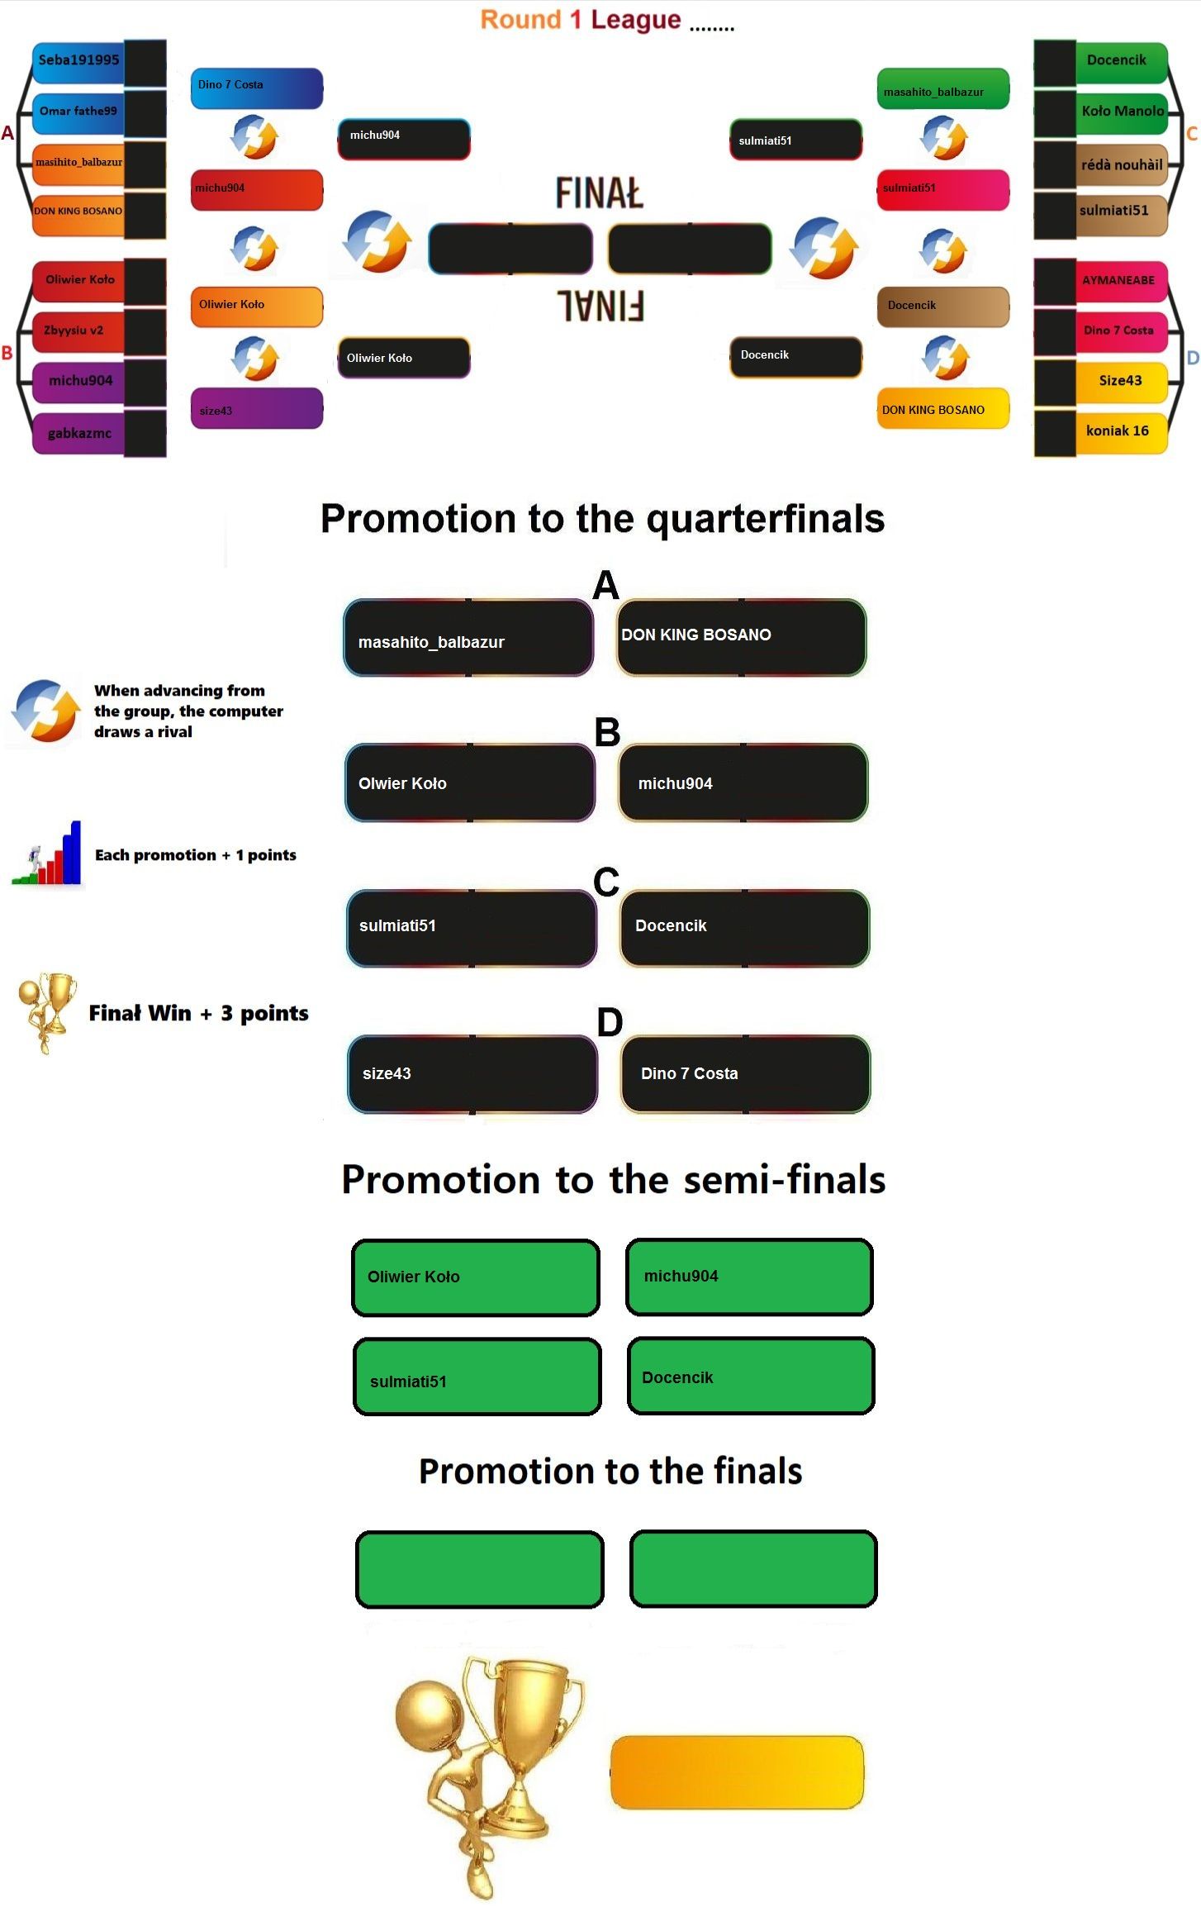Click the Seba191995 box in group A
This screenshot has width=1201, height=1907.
coord(79,60)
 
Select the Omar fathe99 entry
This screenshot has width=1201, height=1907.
coord(79,112)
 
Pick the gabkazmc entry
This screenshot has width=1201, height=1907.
coord(79,433)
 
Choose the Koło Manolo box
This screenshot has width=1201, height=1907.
coord(1121,112)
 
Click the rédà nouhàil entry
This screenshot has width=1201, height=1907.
coord(1121,164)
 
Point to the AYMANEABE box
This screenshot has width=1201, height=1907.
coord(1119,280)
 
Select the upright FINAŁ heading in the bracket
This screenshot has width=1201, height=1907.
coord(599,193)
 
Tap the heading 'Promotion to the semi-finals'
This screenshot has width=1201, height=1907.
coord(613,1179)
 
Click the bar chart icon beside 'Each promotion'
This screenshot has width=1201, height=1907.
coord(48,854)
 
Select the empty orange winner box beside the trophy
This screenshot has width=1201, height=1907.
coord(737,1772)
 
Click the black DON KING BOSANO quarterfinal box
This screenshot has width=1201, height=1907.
coord(741,637)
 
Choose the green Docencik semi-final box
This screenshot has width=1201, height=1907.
coord(750,1377)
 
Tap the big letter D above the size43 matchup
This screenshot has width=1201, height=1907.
coord(610,1023)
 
